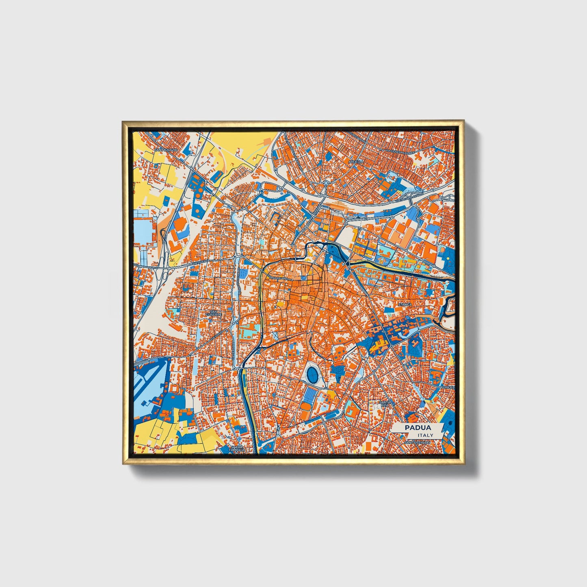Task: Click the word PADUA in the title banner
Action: [x=417, y=428]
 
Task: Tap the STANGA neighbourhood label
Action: [x=405, y=304]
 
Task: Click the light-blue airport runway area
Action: [x=152, y=380]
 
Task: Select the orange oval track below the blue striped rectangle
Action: [x=306, y=407]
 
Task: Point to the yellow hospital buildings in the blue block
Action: [x=379, y=346]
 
